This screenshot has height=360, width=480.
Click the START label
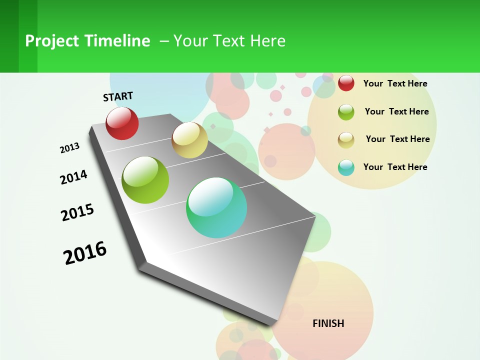(x=118, y=96)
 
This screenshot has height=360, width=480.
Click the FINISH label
(x=328, y=323)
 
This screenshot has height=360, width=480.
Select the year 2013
(x=69, y=148)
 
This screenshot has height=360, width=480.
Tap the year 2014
(x=73, y=177)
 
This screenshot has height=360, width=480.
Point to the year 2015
(x=77, y=212)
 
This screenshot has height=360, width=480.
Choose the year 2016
(x=85, y=253)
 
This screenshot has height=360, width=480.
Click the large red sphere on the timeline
(x=122, y=123)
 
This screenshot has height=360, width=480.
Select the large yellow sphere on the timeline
(x=189, y=140)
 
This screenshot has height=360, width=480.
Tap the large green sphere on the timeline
(x=145, y=180)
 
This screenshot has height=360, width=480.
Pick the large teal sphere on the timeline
(x=216, y=207)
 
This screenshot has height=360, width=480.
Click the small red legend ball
(x=346, y=83)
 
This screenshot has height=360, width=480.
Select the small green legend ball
(x=346, y=111)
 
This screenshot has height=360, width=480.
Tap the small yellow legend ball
(x=346, y=139)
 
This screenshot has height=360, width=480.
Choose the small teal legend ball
(x=346, y=167)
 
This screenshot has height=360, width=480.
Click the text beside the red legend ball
(x=395, y=83)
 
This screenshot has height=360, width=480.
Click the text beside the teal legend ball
(x=395, y=167)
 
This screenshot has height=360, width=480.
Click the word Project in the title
(x=52, y=41)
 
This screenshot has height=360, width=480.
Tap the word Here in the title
(x=267, y=41)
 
